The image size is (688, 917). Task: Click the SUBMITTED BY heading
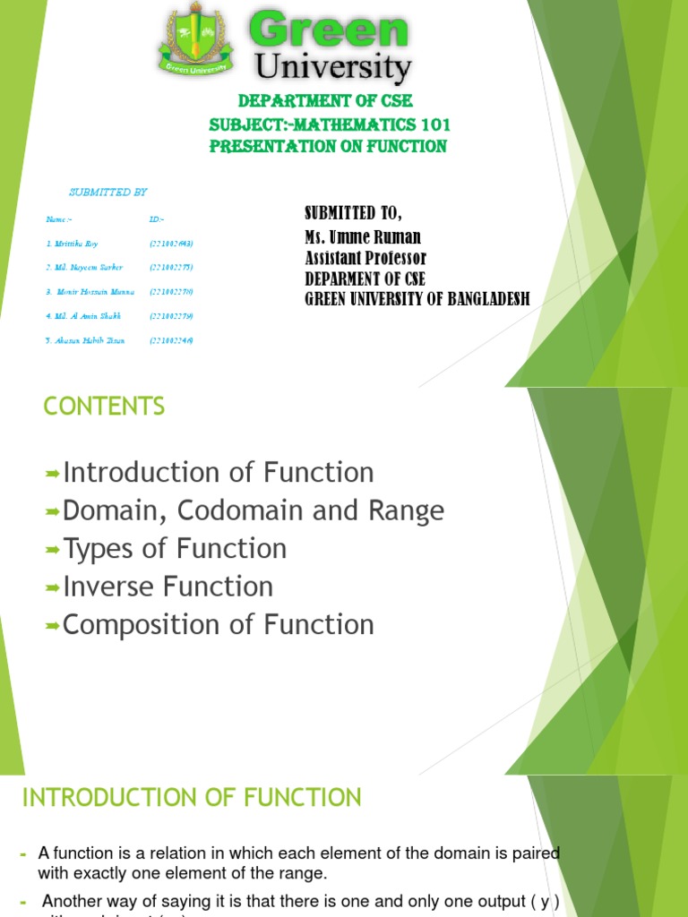pos(108,192)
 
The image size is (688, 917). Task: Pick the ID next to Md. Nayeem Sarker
pos(172,268)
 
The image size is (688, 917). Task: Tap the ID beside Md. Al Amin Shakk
pos(172,316)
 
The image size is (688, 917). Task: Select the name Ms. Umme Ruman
pos(362,237)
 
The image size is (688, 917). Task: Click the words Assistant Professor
pos(365,258)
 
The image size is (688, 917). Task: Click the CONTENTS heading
pos(104,407)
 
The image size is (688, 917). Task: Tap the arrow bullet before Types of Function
pos(52,549)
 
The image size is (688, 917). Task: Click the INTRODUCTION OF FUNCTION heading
pos(191,797)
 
